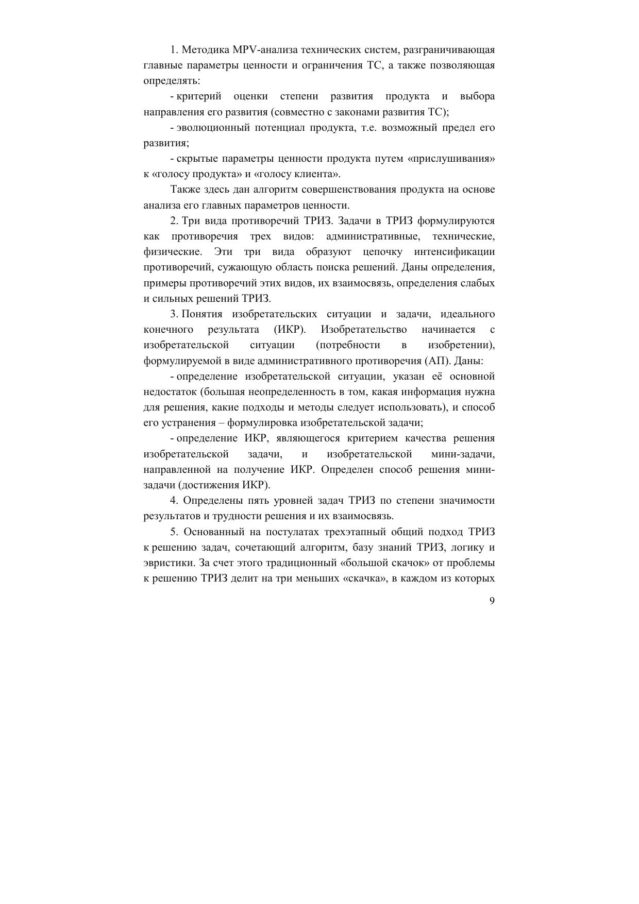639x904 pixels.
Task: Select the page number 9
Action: pyautogui.click(x=492, y=601)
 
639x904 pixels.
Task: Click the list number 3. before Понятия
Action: pyautogui.click(x=174, y=314)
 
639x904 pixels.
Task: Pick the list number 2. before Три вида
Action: pyautogui.click(x=174, y=221)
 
